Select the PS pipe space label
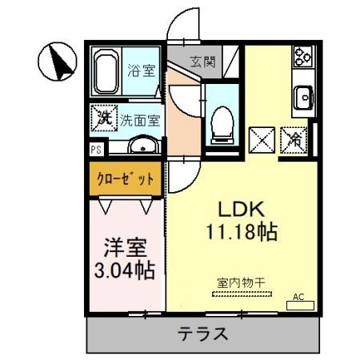pos(95,149)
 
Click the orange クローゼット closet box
pos(124,178)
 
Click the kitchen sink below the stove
pos(303,97)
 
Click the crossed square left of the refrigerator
pos(263,139)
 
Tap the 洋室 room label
pos(124,244)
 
